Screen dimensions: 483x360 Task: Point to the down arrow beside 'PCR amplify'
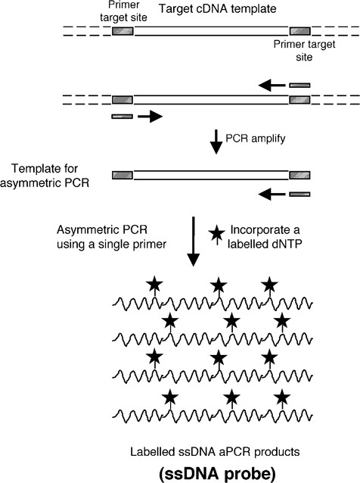(216, 142)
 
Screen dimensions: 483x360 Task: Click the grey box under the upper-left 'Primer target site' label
(123, 32)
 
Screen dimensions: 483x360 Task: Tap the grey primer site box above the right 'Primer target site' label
(299, 32)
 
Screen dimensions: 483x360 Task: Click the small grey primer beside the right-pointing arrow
(122, 117)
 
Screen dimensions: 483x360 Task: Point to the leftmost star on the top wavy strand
(155, 285)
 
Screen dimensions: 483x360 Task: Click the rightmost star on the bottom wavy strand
(282, 397)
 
